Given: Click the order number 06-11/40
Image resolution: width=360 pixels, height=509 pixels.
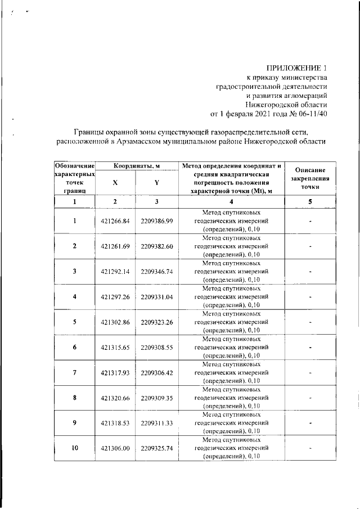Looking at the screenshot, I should [x=309, y=114].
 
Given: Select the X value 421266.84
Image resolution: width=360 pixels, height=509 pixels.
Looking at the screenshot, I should [x=115, y=221].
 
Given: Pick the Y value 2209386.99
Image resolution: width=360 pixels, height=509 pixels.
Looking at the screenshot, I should [x=157, y=221].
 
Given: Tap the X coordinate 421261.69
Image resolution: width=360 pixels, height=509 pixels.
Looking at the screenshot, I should [x=115, y=246].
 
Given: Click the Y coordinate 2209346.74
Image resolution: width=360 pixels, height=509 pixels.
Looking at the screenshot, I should [x=157, y=272].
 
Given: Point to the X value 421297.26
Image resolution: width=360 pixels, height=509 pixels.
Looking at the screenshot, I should [x=115, y=297].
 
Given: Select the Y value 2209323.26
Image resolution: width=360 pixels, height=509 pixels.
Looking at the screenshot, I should [x=157, y=322].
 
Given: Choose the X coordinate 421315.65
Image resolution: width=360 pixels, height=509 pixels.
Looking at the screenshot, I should [x=115, y=348].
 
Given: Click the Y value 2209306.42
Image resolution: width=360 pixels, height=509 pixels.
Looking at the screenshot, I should [x=157, y=373].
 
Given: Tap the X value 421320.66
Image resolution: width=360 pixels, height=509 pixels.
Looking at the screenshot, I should [x=115, y=398].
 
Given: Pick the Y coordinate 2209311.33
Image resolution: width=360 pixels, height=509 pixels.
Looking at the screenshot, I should [x=157, y=424].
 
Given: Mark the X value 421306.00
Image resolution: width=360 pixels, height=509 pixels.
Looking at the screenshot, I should [x=115, y=449].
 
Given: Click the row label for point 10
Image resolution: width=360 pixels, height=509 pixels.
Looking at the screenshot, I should [x=74, y=448].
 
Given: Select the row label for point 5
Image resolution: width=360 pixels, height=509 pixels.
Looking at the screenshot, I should [x=74, y=322].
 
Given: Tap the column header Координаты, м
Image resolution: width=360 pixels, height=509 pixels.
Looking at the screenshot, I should [x=136, y=166].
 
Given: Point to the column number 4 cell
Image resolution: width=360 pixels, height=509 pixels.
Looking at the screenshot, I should [x=231, y=201].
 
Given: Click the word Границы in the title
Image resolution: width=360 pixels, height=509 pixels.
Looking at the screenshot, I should [x=91, y=131].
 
